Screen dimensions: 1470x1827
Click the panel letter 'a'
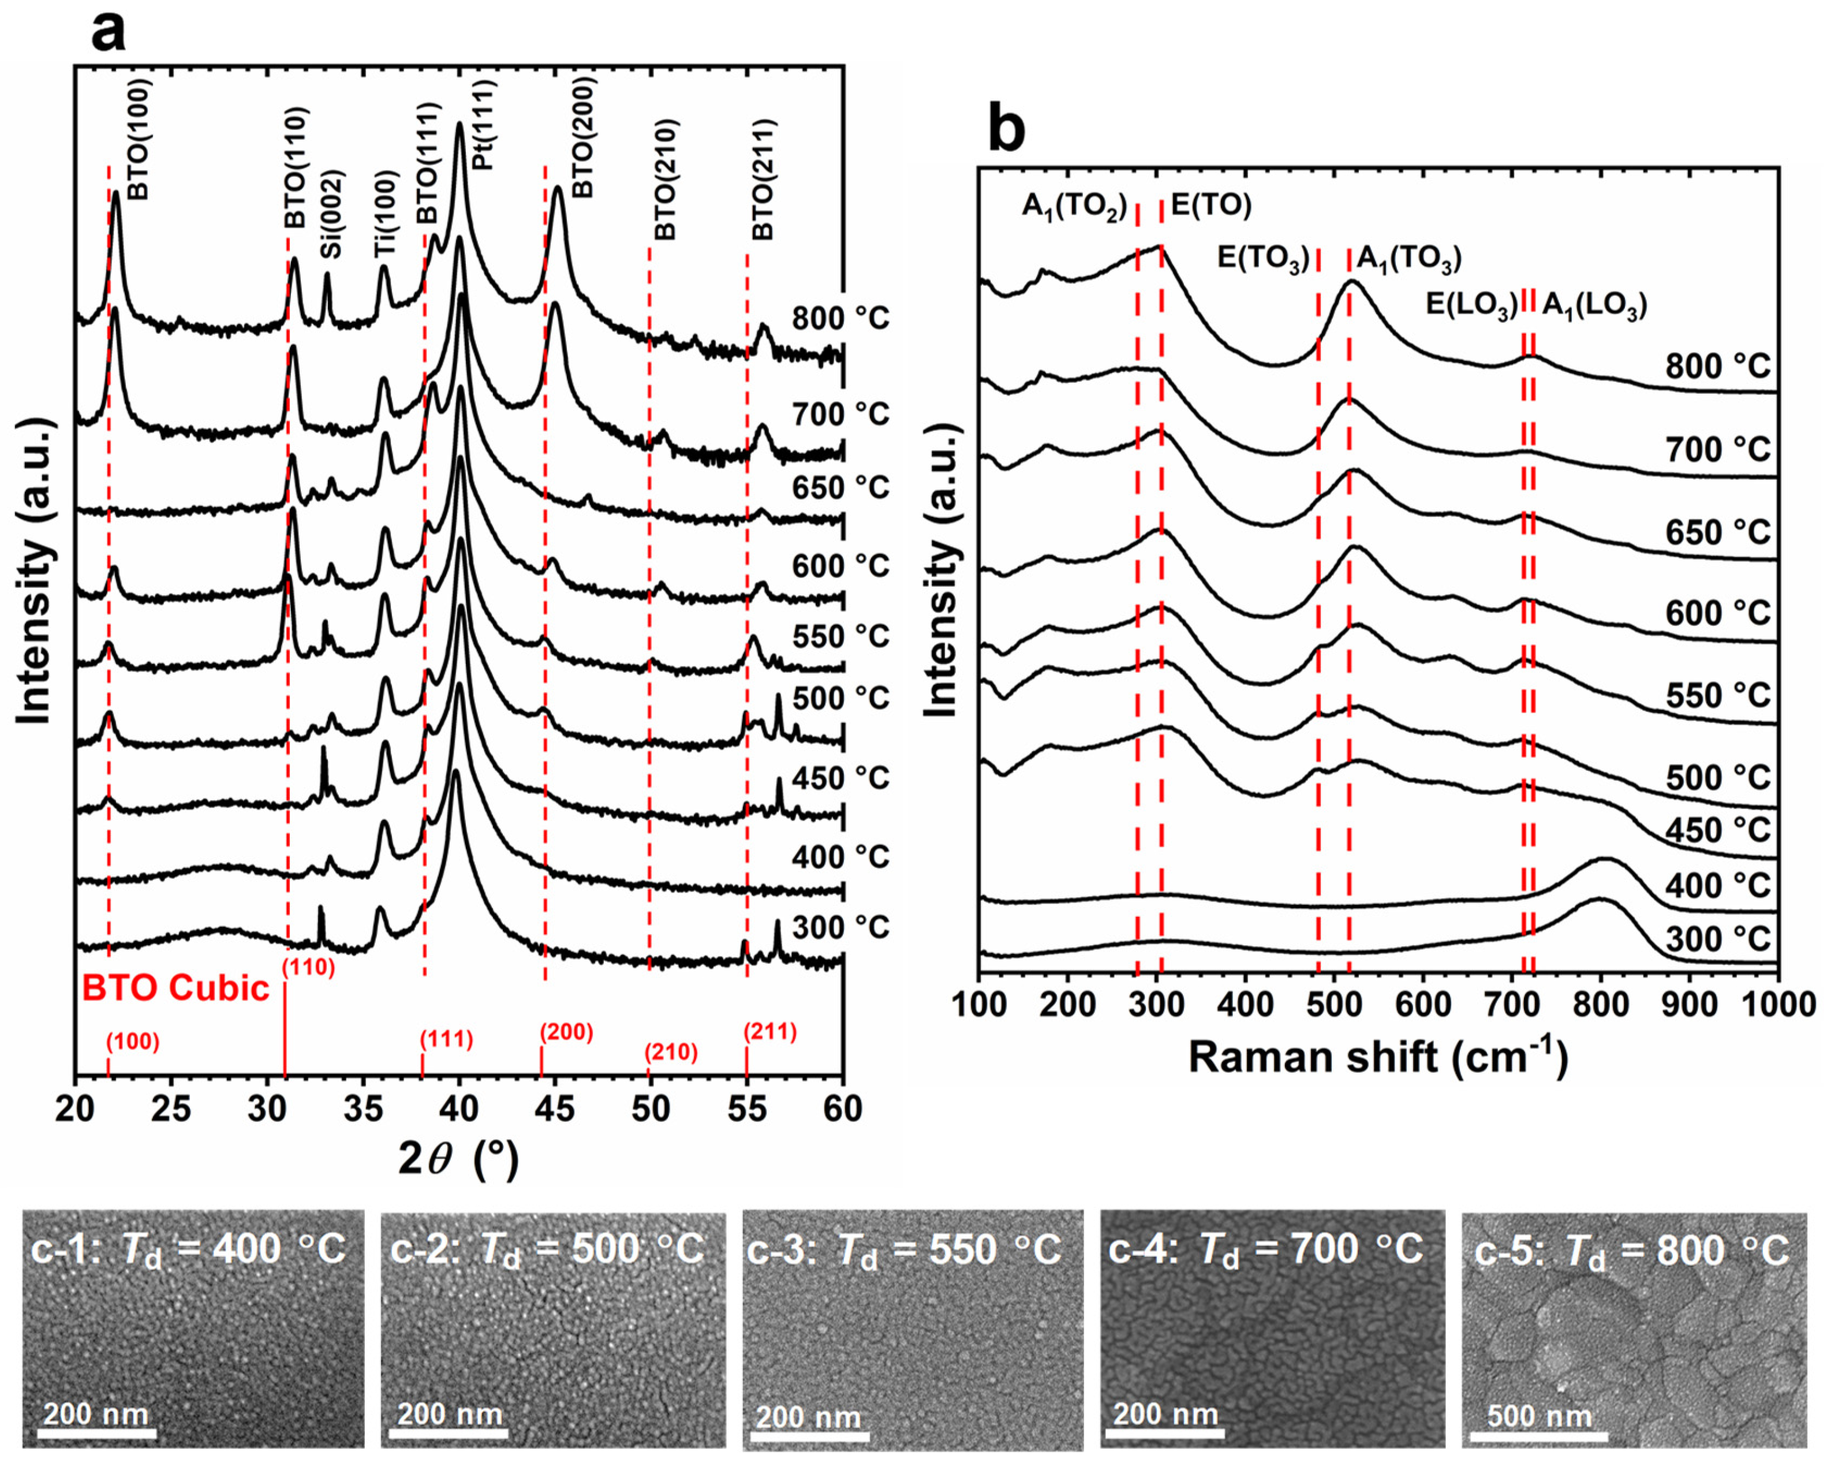109,32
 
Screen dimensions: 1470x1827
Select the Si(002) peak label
331,214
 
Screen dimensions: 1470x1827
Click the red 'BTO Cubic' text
175,988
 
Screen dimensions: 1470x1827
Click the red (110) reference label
308,967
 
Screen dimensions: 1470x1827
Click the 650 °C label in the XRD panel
840,487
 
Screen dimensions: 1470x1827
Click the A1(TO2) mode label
1074,206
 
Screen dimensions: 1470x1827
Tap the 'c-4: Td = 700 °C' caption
1265,1249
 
